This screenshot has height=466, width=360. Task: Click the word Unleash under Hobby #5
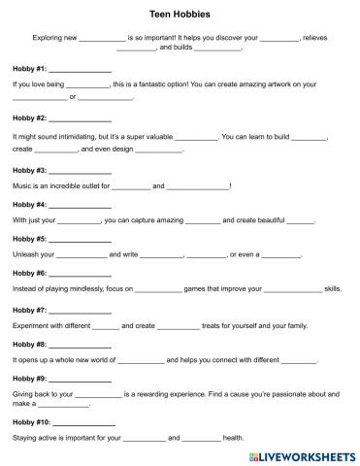click(x=27, y=254)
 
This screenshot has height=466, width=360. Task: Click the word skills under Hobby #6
click(x=332, y=288)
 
